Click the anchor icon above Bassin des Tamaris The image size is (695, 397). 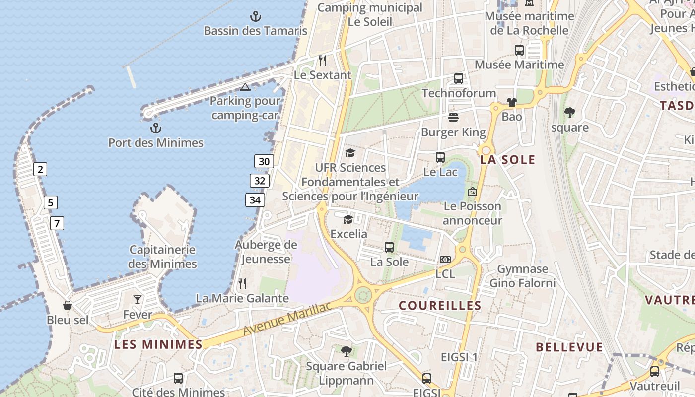tap(255, 16)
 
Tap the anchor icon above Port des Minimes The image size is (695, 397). tap(156, 129)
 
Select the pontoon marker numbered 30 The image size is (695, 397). tap(264, 161)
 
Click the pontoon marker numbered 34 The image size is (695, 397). tap(255, 200)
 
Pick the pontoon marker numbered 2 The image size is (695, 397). tap(40, 169)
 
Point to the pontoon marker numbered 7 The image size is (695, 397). tap(57, 223)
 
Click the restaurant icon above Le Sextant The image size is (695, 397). tap(323, 61)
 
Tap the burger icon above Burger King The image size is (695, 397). tap(453, 118)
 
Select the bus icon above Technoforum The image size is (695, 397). tap(459, 78)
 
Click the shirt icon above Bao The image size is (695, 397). tap(512, 102)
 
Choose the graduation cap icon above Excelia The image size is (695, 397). tap(348, 219)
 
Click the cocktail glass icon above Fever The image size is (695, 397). tap(138, 299)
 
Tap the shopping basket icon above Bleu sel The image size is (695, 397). tap(68, 305)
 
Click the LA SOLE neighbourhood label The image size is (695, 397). tap(507, 160)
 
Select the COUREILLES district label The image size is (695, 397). tap(440, 306)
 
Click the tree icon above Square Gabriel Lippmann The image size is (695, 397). tap(347, 351)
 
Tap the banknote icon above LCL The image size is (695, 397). tap(445, 260)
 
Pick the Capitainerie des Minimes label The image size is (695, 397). tap(162, 257)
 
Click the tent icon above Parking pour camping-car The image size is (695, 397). tap(245, 87)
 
